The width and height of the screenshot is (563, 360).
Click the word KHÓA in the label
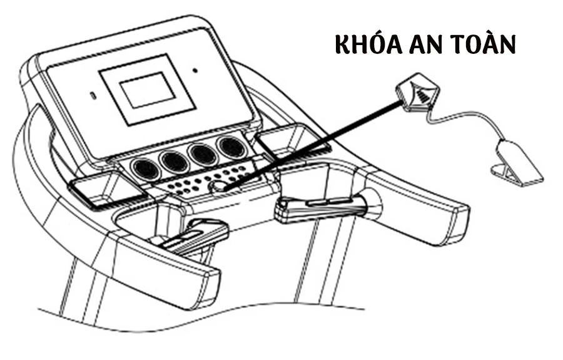click(x=368, y=44)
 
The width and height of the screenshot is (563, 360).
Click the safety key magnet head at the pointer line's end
click(x=418, y=91)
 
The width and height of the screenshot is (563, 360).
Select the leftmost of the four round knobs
click(x=145, y=167)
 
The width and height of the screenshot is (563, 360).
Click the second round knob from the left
click(x=173, y=161)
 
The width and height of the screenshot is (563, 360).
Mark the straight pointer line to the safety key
click(x=313, y=140)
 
